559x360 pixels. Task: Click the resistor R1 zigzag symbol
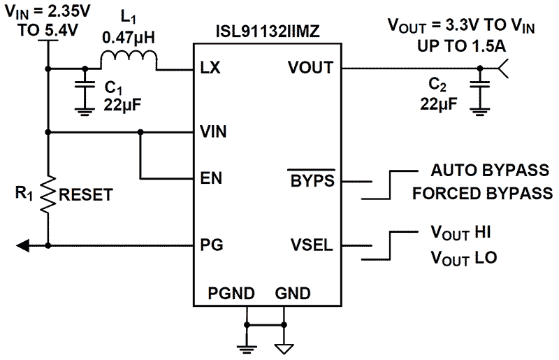click(x=48, y=194)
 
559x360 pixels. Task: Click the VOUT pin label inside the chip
click(x=310, y=69)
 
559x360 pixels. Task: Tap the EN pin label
click(x=211, y=178)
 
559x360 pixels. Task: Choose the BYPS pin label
click(x=312, y=179)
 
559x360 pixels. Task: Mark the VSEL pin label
click(x=312, y=245)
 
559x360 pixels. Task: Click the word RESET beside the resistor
click(x=86, y=195)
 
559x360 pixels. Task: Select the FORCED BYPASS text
click(x=482, y=193)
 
